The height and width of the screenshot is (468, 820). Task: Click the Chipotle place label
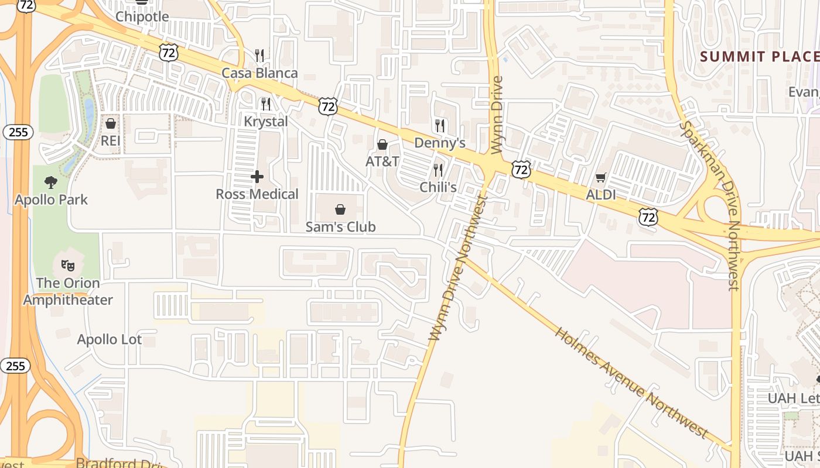[x=142, y=16]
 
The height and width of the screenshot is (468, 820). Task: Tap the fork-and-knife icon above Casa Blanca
[x=259, y=56]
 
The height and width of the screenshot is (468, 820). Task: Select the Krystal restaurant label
[x=266, y=122]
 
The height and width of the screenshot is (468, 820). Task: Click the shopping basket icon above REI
[x=110, y=123]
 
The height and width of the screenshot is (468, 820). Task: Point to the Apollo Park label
[x=52, y=199]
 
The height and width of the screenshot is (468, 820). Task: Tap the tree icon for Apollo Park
[x=51, y=182]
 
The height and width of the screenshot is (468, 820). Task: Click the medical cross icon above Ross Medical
[x=257, y=177]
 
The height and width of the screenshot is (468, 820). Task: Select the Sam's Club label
[x=340, y=226]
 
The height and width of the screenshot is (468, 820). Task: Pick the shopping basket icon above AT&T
[x=382, y=144]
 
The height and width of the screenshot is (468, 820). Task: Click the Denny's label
[x=439, y=143]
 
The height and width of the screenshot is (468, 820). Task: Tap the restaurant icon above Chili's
[x=438, y=170]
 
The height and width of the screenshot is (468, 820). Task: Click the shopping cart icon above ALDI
[x=600, y=177]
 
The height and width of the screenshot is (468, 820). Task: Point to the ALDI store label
[x=601, y=195]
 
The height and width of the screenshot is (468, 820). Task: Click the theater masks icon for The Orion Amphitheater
[x=68, y=266]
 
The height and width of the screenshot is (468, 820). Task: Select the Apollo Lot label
[x=110, y=339]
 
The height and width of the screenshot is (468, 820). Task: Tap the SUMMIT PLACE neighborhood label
[x=760, y=57]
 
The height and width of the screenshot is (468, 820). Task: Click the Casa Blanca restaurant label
[x=259, y=73]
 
